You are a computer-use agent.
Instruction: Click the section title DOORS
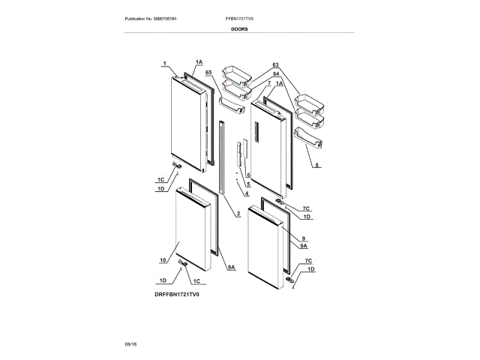240,28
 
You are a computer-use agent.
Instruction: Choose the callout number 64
275,74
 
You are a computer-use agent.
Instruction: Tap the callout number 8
316,165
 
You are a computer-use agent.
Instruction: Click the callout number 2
237,214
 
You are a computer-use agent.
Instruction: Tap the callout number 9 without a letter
303,238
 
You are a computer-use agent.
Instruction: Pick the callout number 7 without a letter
268,82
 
